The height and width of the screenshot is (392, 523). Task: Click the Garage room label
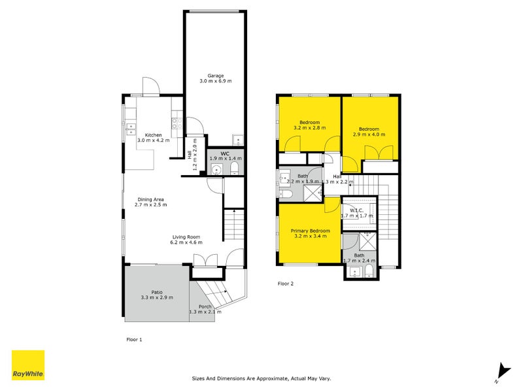(x=215, y=75)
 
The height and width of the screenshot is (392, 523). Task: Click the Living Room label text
(x=186, y=237)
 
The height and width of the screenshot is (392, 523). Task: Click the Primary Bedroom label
(x=310, y=231)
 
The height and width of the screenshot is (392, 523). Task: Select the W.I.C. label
(x=356, y=209)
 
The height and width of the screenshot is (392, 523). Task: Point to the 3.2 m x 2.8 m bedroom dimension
(x=309, y=129)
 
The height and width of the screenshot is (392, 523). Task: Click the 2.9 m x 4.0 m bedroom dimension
(x=369, y=135)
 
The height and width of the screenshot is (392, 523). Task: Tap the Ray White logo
(x=28, y=365)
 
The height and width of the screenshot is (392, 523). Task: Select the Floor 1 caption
(x=133, y=339)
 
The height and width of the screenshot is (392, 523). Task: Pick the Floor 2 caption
(x=286, y=284)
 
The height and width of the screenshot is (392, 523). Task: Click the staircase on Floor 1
(x=232, y=225)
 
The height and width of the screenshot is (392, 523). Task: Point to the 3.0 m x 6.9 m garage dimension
(x=215, y=81)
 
